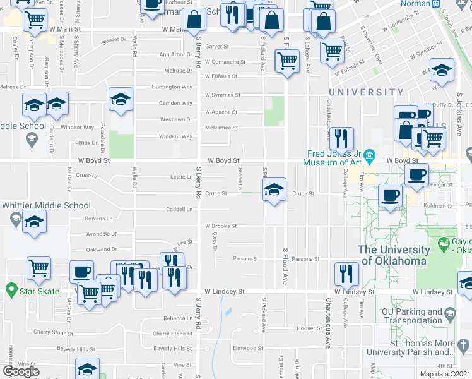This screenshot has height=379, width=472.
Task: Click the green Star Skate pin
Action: tap(11, 291)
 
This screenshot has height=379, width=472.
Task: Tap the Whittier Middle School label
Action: tap(45, 205)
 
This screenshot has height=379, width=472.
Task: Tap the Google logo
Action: tap(21, 371)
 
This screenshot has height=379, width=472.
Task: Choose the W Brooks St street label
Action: tap(220, 226)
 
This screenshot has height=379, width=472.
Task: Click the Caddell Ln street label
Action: tap(179, 209)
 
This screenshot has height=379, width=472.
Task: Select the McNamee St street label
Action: tap(221, 128)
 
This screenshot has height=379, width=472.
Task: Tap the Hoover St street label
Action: tap(310, 328)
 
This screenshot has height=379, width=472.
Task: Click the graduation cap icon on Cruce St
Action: tap(274, 189)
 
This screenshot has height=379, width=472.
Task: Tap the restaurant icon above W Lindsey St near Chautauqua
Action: tap(346, 272)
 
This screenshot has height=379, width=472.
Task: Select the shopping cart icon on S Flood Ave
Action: tap(287, 61)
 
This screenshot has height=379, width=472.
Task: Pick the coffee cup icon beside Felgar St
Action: tap(416, 174)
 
